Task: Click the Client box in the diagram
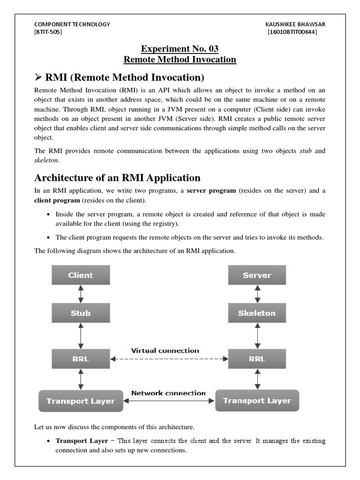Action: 81,275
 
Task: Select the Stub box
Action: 81,313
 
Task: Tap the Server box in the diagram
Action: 257,275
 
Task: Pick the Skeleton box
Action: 257,313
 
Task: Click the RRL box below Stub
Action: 81,359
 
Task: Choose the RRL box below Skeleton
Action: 257,359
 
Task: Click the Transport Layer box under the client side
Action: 81,401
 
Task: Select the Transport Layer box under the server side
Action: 257,401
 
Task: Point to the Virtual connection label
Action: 165,351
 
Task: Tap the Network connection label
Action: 168,393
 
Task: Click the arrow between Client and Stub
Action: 81,294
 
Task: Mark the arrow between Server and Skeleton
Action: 257,294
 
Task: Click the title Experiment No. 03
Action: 180,49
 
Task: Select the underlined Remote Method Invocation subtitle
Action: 180,60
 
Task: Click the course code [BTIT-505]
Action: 48,32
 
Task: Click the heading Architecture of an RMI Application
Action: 118,178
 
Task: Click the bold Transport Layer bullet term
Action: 82,441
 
